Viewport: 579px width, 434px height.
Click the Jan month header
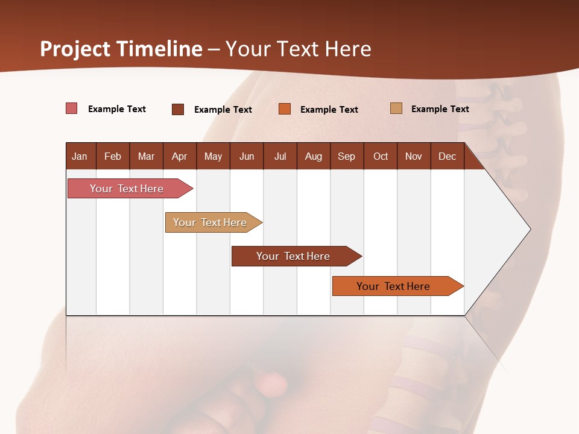[80, 156]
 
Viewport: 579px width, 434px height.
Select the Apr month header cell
[179, 156]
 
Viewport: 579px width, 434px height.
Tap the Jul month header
[280, 156]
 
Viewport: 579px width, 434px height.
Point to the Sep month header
[346, 156]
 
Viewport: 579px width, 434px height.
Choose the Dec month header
[447, 156]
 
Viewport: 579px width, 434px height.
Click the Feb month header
[112, 156]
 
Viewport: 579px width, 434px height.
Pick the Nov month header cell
[413, 156]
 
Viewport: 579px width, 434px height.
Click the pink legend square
[71, 108]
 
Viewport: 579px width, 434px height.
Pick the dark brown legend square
[177, 109]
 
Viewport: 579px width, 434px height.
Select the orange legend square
[284, 109]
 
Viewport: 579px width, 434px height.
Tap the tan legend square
[396, 108]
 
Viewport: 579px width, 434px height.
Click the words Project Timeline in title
[121, 49]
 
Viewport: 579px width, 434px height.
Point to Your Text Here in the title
[298, 49]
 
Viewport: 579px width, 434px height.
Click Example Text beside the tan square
[440, 109]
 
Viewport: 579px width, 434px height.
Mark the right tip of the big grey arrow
[530, 229]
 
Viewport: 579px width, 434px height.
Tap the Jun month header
[246, 156]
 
